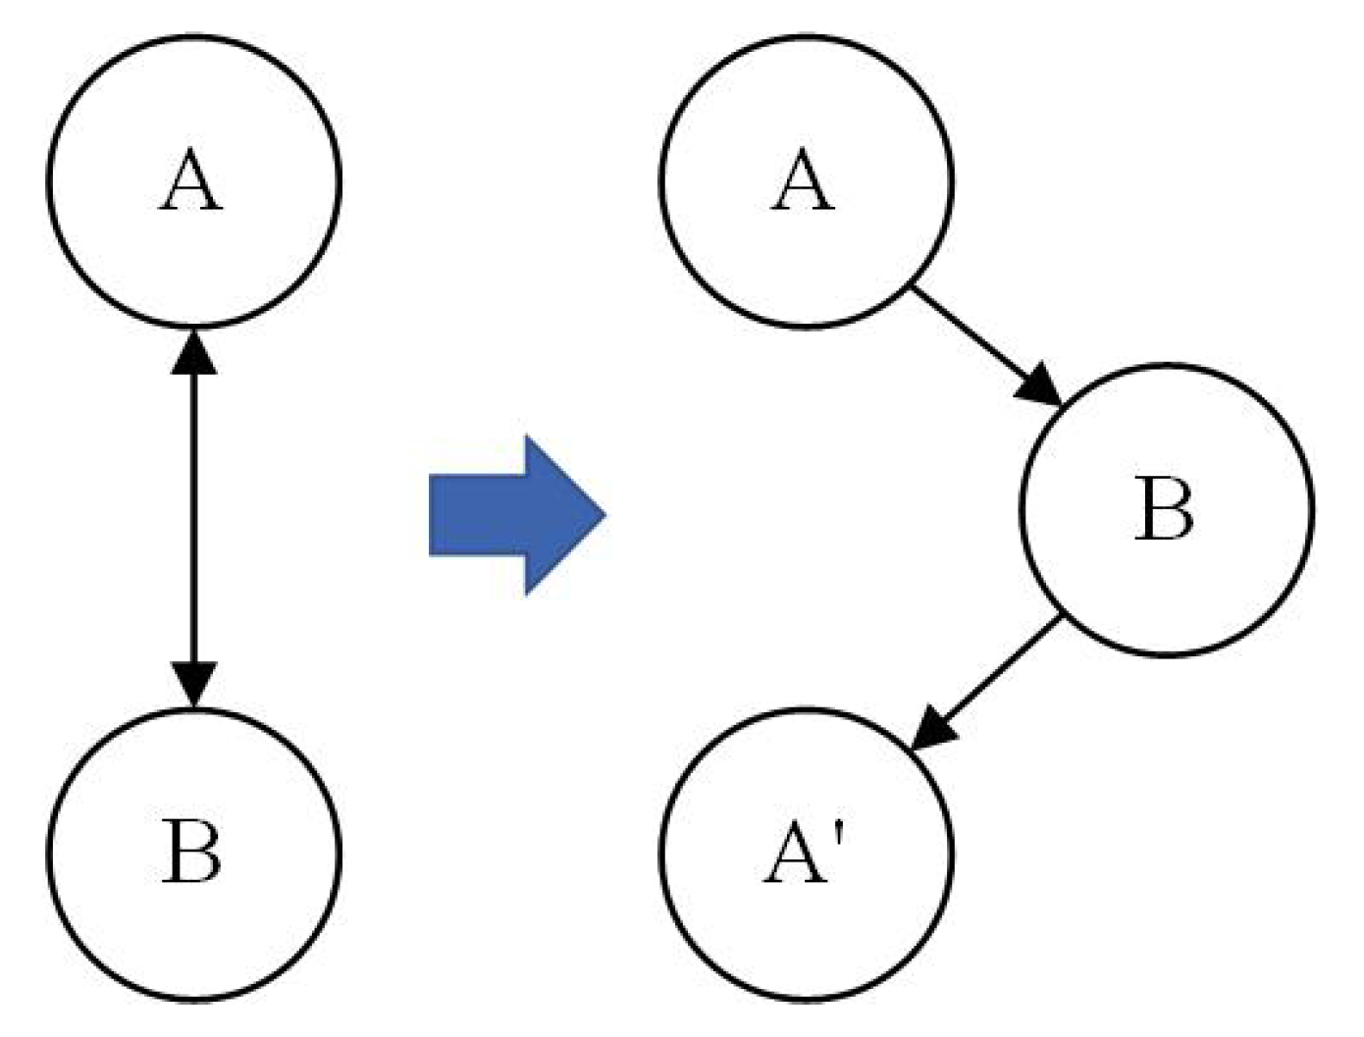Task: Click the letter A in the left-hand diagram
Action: pyautogui.click(x=191, y=181)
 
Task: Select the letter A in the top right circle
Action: pyautogui.click(x=803, y=181)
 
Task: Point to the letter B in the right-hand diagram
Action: pyautogui.click(x=1165, y=509)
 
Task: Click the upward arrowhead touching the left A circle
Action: pyautogui.click(x=193, y=351)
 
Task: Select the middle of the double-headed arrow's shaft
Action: pyautogui.click(x=193, y=517)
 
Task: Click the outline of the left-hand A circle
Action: pyautogui.click(x=49, y=181)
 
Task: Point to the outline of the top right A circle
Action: pyautogui.click(x=660, y=181)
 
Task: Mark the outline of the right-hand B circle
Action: pyautogui.click(x=1311, y=509)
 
